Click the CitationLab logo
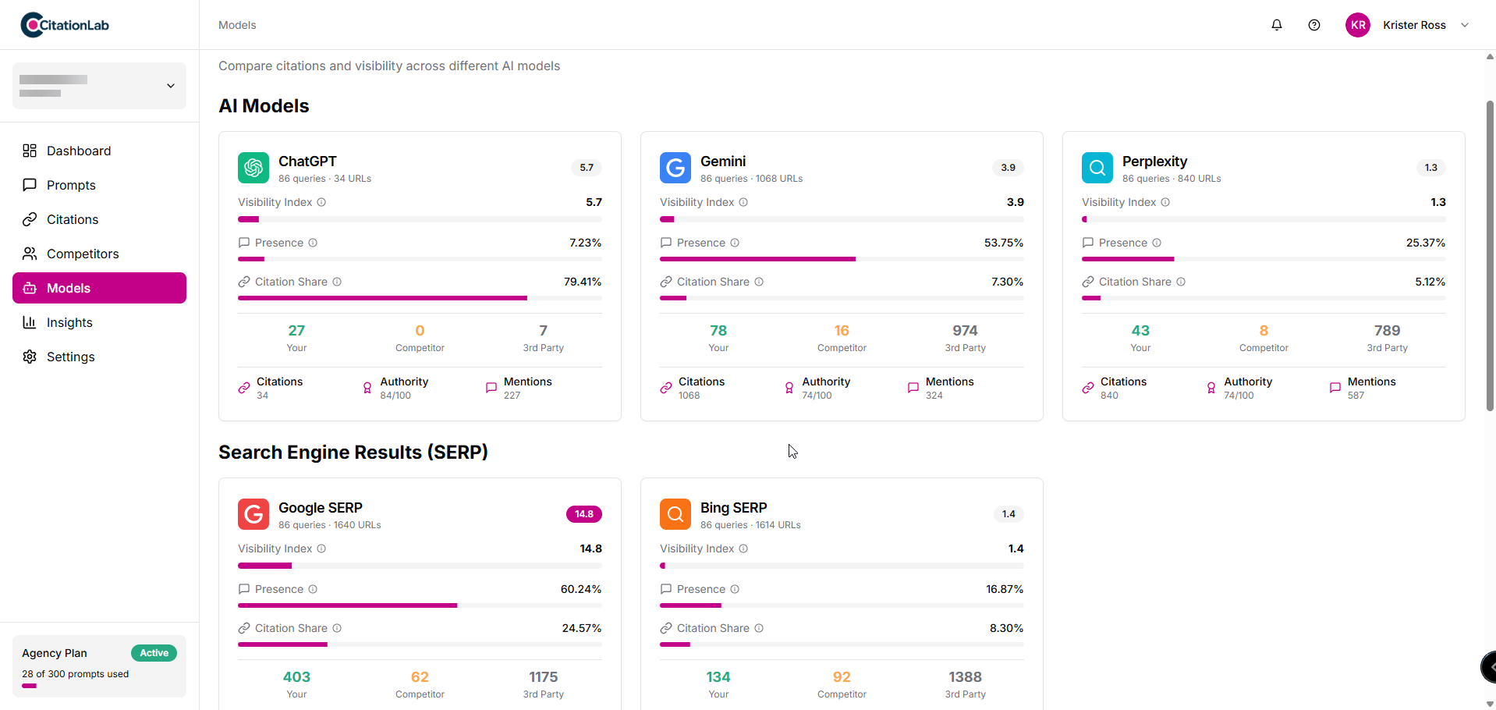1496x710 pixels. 65,25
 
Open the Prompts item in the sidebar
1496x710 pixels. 71,185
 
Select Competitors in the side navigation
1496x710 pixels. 83,254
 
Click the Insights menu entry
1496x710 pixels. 69,322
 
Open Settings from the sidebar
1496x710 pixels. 70,357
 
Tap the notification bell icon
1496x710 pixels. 1277,25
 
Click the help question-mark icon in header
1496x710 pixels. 1314,25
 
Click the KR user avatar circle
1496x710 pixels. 1358,25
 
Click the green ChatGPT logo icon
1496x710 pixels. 253,168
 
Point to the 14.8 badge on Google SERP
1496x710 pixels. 584,514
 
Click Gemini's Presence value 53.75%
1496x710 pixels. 1003,243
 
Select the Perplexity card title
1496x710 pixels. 1154,162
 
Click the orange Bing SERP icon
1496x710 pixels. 675,514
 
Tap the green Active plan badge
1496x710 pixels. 154,653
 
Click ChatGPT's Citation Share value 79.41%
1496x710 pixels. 582,282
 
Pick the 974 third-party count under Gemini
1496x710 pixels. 965,331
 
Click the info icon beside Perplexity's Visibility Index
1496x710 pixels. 1165,202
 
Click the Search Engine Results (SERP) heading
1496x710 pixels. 353,453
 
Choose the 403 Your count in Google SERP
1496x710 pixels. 296,677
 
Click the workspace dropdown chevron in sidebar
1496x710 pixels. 171,86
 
